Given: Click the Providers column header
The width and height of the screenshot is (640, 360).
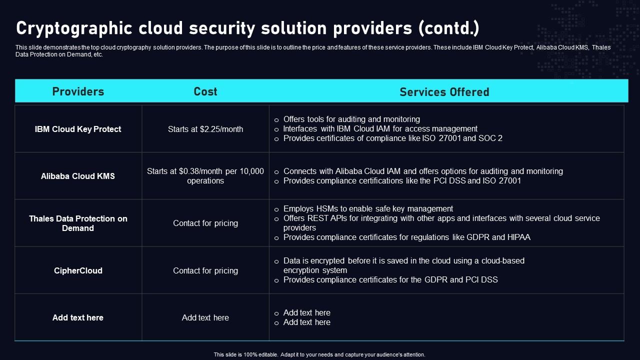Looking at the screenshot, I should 78,91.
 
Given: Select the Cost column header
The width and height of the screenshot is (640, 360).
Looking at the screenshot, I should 205,91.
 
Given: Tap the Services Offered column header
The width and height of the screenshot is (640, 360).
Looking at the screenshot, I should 444,92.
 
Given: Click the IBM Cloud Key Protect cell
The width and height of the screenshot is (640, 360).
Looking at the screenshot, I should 78,129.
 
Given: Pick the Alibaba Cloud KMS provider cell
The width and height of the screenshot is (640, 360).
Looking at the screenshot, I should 78,176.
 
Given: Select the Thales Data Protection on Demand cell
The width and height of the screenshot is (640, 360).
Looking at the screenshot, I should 78,223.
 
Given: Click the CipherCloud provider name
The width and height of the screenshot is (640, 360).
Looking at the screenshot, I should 78,270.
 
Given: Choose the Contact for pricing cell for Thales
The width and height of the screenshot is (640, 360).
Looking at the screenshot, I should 205,223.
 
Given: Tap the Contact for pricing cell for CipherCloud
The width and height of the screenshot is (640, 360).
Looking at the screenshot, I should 205,270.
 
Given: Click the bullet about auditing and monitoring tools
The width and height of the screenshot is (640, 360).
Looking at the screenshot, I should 351,119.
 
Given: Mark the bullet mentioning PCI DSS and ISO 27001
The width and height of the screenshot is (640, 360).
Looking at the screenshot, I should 402,180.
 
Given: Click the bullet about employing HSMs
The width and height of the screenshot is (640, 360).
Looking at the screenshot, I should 368,208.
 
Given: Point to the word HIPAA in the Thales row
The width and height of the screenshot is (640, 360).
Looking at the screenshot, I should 519,237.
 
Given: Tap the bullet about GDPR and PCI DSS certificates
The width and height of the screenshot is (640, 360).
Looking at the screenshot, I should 390,279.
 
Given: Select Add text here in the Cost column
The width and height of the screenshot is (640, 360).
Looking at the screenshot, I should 205,317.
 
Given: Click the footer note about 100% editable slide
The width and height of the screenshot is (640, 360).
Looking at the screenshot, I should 319,354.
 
